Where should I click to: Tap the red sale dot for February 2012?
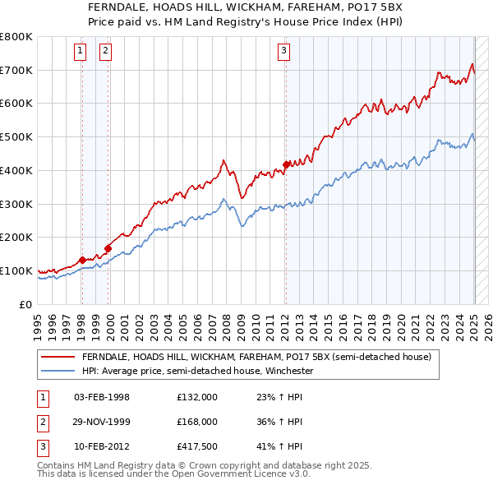(286, 164)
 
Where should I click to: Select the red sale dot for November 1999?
(108, 247)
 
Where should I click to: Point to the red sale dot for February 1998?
(81, 260)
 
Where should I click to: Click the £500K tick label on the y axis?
(16, 136)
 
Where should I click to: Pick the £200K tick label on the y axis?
(16, 237)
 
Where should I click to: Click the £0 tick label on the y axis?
(26, 304)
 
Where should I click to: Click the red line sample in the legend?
(58, 358)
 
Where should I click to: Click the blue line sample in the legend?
(58, 372)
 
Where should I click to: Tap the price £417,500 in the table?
(197, 446)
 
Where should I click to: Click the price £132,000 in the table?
(197, 397)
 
